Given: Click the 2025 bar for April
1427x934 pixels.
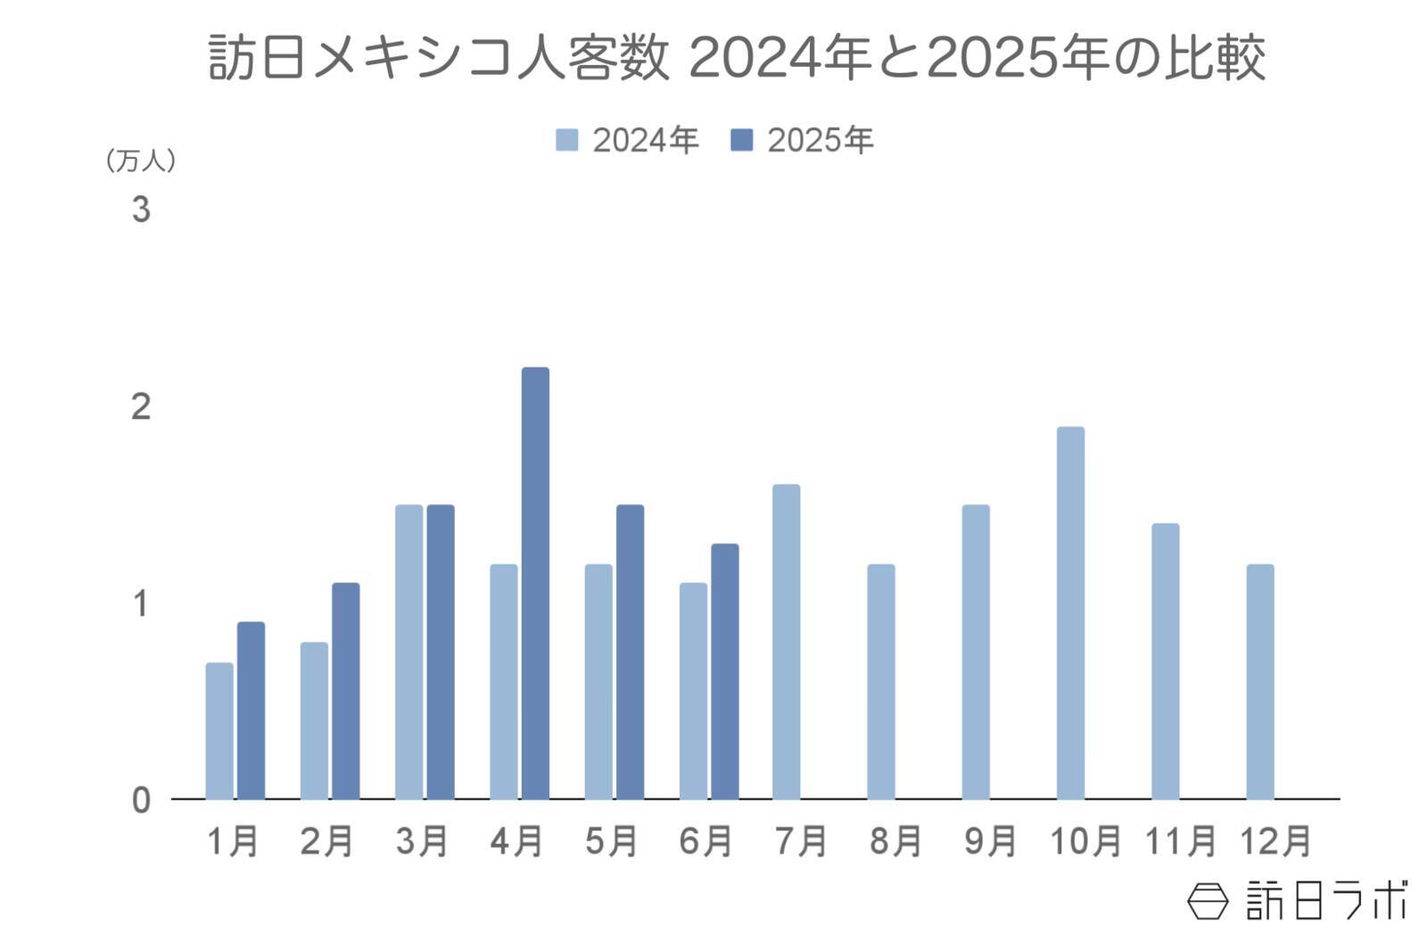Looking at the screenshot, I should (x=535, y=583).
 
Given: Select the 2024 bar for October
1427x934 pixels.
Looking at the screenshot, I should (x=1070, y=613).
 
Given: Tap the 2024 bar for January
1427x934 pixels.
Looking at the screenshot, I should (x=219, y=731).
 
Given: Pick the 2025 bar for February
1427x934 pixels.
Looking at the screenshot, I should (x=346, y=690).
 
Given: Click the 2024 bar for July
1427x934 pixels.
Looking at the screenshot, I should (x=786, y=641).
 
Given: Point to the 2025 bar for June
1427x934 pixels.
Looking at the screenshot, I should (x=724, y=671).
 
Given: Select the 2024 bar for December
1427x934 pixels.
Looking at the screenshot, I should (x=1259, y=682).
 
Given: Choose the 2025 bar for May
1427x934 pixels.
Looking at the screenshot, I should (x=630, y=651).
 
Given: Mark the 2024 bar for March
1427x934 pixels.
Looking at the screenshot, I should (x=408, y=651).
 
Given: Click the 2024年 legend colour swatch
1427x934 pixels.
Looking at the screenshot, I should (x=566, y=140).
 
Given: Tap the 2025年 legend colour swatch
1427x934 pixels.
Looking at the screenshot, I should (x=741, y=140).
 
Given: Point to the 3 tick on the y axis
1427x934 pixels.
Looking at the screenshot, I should (x=141, y=211).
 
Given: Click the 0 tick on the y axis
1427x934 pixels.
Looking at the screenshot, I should (x=141, y=800).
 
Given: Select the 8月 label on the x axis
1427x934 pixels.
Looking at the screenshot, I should (x=895, y=841).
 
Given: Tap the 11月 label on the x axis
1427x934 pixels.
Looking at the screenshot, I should (x=1180, y=841).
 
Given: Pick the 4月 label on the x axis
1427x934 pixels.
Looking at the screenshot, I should (x=516, y=841).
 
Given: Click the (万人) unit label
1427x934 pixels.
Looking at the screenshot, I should (x=141, y=161).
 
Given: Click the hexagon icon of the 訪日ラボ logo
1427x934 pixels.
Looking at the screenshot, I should (x=1208, y=901).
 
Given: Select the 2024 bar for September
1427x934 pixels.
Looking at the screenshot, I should (x=976, y=651).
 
